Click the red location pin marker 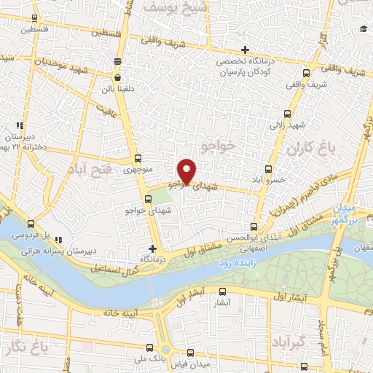pyautogui.click(x=187, y=170)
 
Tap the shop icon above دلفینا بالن pyautogui.click(x=117, y=76)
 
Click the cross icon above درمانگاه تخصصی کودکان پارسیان pyautogui.click(x=245, y=49)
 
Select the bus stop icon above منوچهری pyautogui.click(x=138, y=158)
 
